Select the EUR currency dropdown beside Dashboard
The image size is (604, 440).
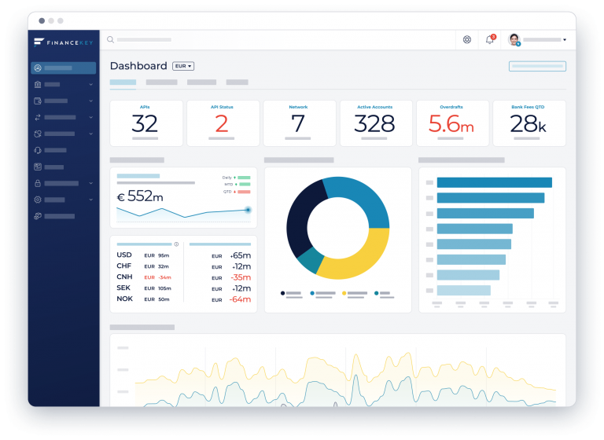coord(183,67)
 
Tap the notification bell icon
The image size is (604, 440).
coord(490,39)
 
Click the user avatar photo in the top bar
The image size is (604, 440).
coord(514,39)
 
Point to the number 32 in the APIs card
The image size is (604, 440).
coord(145,124)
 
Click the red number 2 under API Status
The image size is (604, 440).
coord(222,124)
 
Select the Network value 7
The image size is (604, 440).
coord(298,124)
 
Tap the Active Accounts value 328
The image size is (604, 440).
coord(374,124)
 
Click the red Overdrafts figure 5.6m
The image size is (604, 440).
coord(451,124)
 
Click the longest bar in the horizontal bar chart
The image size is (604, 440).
coord(494,182)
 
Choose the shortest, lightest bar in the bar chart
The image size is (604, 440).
coord(463,290)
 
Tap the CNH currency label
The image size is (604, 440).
coord(124,277)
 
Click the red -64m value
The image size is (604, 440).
coord(240,299)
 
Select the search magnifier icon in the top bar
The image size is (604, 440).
coord(111,39)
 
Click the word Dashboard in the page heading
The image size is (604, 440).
coord(138,66)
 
